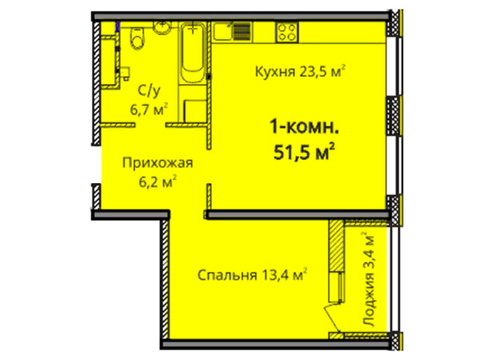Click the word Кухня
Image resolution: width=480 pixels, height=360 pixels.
tap(273, 70)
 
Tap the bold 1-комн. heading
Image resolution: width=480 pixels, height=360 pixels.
tap(299, 126)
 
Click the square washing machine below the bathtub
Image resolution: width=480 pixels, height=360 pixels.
tap(193, 110)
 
